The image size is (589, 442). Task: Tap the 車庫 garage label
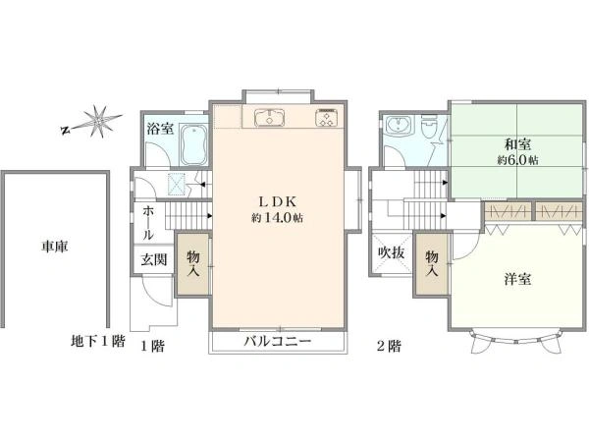[x=55, y=247]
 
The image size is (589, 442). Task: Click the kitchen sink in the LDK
[x=269, y=117]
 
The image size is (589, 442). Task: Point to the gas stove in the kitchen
[x=326, y=117]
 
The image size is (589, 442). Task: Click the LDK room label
[x=277, y=201]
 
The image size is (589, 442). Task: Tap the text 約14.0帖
[x=277, y=218]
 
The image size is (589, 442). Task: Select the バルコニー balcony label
[x=278, y=341]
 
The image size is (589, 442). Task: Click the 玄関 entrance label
[x=154, y=259]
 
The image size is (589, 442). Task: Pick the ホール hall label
[x=148, y=223]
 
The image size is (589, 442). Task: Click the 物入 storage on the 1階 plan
[x=193, y=264]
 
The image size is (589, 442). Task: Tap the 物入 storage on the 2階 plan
[x=432, y=264]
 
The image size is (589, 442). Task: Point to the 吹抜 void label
[x=391, y=253]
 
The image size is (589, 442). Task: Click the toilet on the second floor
[x=429, y=127]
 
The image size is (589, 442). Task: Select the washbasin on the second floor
[x=399, y=125]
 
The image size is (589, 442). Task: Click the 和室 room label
[x=517, y=144]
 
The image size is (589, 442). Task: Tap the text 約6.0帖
[x=517, y=160]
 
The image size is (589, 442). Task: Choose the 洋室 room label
[x=517, y=279]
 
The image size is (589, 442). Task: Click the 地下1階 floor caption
[x=97, y=341]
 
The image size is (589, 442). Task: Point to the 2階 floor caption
[x=389, y=345]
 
